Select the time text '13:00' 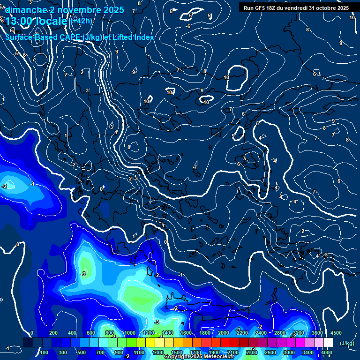click(20, 21)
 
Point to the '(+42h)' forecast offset click(81, 21)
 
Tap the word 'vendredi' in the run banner click(294, 8)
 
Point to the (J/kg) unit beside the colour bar click(347, 344)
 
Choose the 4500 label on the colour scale click(336, 333)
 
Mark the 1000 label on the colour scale click(129, 333)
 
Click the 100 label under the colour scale click(44, 352)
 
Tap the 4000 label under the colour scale click(327, 352)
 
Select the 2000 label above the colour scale click(224, 333)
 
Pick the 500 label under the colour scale click(82, 352)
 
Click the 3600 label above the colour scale click(317, 333)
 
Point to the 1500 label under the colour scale click(176, 352)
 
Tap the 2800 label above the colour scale click(280, 333)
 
